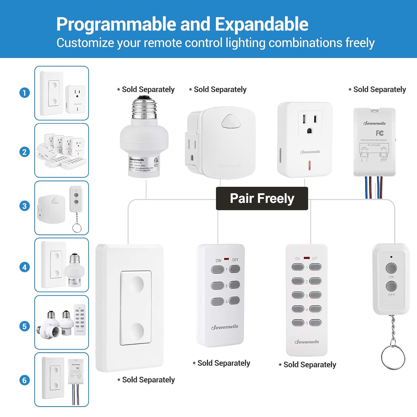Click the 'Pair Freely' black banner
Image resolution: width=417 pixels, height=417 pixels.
[x=262, y=198]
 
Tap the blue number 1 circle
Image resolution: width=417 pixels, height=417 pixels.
[x=24, y=93]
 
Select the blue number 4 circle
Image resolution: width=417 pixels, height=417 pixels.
[x=24, y=267]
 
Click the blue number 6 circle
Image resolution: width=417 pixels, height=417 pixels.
[x=24, y=380]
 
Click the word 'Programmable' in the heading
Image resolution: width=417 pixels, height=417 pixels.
[x=116, y=24]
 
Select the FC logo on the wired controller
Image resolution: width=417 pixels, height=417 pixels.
[x=380, y=133]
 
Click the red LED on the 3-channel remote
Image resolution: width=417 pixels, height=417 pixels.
[x=227, y=259]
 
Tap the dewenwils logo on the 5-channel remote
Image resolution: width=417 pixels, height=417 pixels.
[x=307, y=342]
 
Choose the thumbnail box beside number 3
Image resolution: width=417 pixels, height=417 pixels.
[x=62, y=208]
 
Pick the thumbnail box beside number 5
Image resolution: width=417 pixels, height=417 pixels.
[x=62, y=322]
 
